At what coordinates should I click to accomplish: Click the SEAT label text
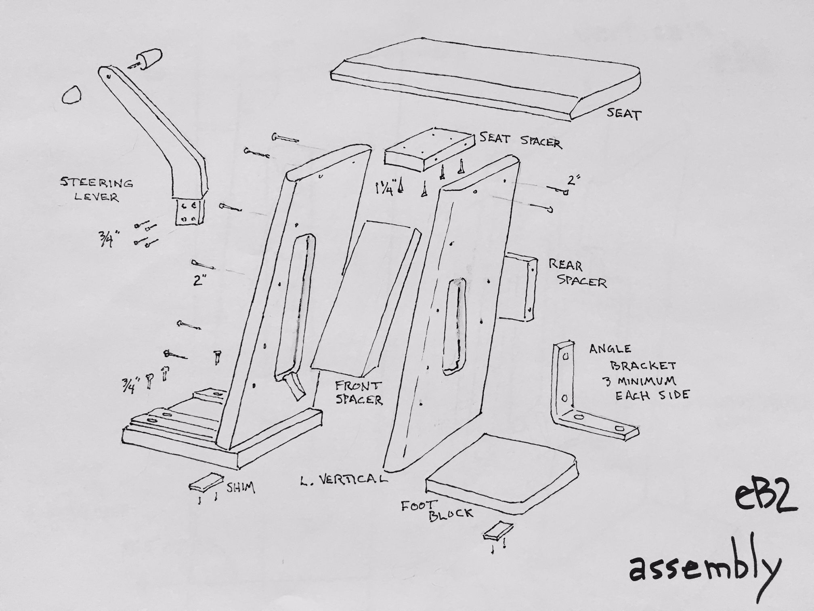point(624,114)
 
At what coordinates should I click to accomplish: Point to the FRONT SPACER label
point(359,392)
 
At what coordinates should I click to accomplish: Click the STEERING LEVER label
point(96,190)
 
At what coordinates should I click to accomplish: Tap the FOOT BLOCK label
point(436,510)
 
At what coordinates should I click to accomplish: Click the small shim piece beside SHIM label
point(206,482)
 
